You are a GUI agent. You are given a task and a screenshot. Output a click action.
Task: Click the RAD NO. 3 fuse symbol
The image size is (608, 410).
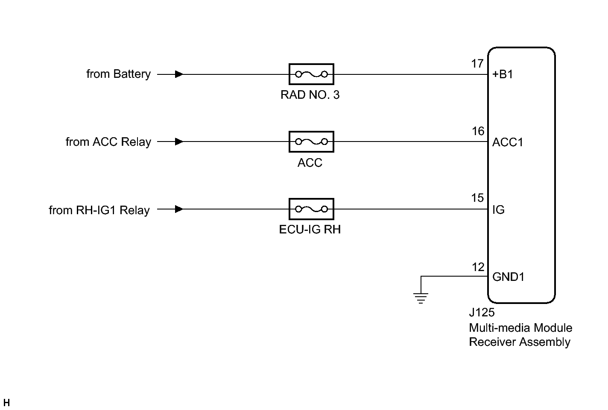point(311,74)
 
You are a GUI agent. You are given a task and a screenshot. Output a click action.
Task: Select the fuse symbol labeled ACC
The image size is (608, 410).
point(311,142)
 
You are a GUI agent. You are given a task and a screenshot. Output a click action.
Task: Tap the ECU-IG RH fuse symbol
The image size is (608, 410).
point(311,209)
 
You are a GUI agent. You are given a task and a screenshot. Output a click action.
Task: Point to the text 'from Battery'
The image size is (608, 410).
point(118,74)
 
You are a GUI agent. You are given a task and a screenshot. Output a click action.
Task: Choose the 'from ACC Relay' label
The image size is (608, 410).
point(108,142)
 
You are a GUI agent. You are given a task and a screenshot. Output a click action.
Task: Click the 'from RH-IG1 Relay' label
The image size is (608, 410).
point(99,210)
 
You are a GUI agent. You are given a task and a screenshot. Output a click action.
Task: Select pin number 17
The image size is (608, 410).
point(477,64)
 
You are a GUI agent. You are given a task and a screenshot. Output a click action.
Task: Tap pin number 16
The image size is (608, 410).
point(478,131)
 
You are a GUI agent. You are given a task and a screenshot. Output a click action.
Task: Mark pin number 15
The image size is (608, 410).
point(477,198)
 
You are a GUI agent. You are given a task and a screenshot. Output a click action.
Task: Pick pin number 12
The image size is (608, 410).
point(478,267)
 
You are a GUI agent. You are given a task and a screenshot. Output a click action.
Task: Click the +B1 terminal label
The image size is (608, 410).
point(503,74)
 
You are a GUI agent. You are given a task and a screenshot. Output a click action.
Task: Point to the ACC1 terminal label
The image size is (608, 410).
point(507,142)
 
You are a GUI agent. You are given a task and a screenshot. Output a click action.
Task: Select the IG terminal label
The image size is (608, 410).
point(498,209)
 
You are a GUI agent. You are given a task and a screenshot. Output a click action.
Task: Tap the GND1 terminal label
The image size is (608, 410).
point(508,277)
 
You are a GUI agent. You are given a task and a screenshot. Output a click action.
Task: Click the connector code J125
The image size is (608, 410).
point(482,313)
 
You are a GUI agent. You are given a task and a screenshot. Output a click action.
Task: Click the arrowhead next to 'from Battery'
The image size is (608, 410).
point(179,74)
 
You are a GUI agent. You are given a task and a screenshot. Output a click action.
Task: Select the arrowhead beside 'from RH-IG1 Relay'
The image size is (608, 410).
point(179,209)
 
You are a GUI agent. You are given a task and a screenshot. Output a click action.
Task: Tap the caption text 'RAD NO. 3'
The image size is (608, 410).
point(310,94)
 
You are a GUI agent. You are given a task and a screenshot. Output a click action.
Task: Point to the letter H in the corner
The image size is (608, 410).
point(6,403)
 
